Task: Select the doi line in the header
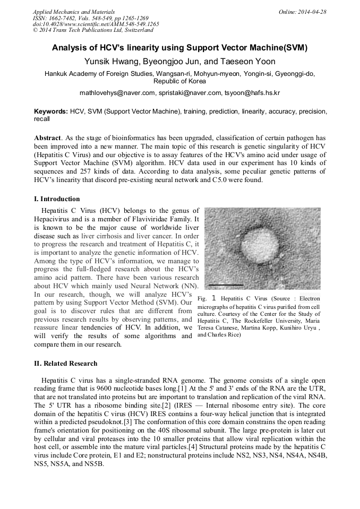tap(96, 24)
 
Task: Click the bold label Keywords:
tap(51, 112)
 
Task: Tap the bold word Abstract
tap(48, 137)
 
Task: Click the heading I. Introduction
tap(57, 199)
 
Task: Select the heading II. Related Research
tap(66, 364)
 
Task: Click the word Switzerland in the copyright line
tap(136, 30)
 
